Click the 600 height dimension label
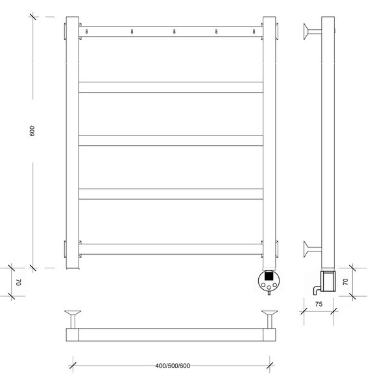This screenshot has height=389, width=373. pyautogui.click(x=32, y=131)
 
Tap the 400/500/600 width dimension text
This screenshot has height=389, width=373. pyautogui.click(x=173, y=366)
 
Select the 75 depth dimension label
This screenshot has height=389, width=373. pyautogui.click(x=319, y=304)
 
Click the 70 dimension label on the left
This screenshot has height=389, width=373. pyautogui.click(x=19, y=282)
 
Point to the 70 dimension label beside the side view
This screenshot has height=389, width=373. pyautogui.click(x=345, y=282)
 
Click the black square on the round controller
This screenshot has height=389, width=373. pyautogui.click(x=269, y=276)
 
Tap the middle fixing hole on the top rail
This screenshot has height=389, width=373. pyautogui.click(x=174, y=32)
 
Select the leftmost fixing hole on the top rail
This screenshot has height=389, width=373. pyautogui.click(x=87, y=32)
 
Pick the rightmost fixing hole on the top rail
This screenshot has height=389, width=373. pyautogui.click(x=254, y=32)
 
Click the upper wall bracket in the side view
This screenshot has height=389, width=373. pyautogui.click(x=312, y=32)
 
